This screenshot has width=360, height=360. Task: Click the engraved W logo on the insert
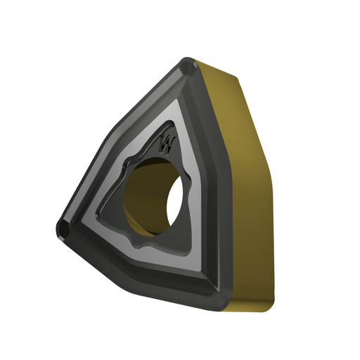167,143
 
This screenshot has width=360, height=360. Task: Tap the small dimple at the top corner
188,68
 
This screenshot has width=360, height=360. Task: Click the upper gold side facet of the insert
237,122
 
